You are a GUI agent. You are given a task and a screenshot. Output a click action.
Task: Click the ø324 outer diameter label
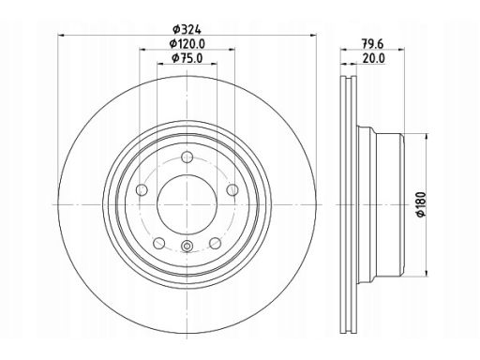click(187, 30)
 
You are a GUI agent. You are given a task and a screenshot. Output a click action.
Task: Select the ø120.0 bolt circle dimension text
click(187, 44)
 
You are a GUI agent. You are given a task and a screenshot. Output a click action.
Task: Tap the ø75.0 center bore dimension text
click(187, 58)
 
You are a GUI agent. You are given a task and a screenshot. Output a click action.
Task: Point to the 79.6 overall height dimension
click(372, 44)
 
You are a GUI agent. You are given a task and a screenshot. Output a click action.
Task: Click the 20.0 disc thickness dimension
click(373, 58)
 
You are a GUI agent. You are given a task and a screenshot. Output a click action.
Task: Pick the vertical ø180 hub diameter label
click(421, 204)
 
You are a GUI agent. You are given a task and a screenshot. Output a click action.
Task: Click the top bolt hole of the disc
click(187, 157)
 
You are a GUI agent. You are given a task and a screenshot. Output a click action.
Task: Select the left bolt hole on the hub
click(142, 189)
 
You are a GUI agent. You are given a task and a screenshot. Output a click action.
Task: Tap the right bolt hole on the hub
click(232, 189)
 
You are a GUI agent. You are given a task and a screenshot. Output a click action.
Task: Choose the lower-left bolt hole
click(159, 243)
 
